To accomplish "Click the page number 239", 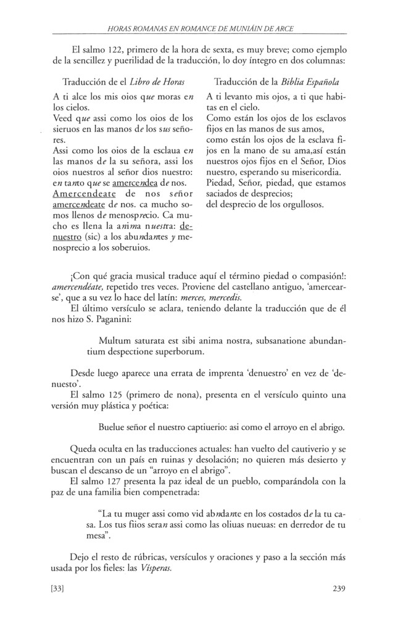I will point(338,588).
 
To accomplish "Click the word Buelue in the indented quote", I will point(114,426).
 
